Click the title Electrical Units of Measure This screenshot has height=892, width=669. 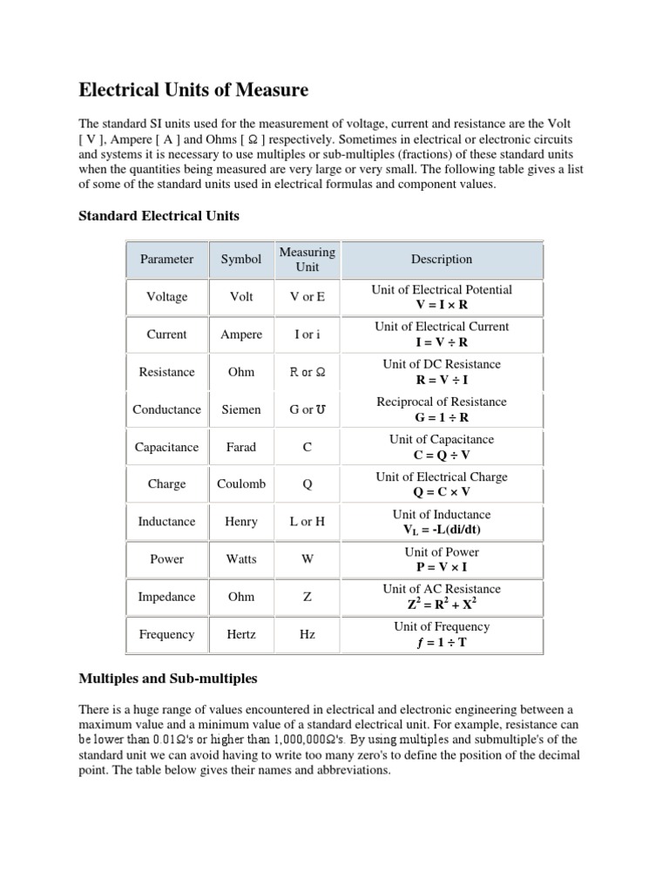(x=193, y=90)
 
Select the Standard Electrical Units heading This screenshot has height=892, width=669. (x=159, y=214)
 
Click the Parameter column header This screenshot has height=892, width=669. (x=167, y=259)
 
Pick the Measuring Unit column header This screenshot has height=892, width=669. (x=307, y=259)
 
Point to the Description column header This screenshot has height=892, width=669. (x=442, y=259)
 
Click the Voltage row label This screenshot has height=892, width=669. (x=167, y=297)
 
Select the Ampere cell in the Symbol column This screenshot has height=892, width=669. (x=241, y=334)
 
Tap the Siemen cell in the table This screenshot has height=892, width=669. (x=241, y=409)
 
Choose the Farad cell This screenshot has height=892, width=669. (x=241, y=447)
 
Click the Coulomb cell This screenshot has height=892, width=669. (x=241, y=484)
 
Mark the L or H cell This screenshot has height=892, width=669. (x=307, y=522)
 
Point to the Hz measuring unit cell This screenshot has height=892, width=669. (x=307, y=634)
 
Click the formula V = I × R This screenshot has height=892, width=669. (x=442, y=306)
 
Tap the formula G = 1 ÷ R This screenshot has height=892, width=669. (x=442, y=418)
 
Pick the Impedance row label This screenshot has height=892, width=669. (x=167, y=597)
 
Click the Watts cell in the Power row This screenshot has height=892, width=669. (x=241, y=559)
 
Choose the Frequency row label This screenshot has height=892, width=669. (x=167, y=634)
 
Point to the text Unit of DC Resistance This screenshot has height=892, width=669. (x=442, y=364)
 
